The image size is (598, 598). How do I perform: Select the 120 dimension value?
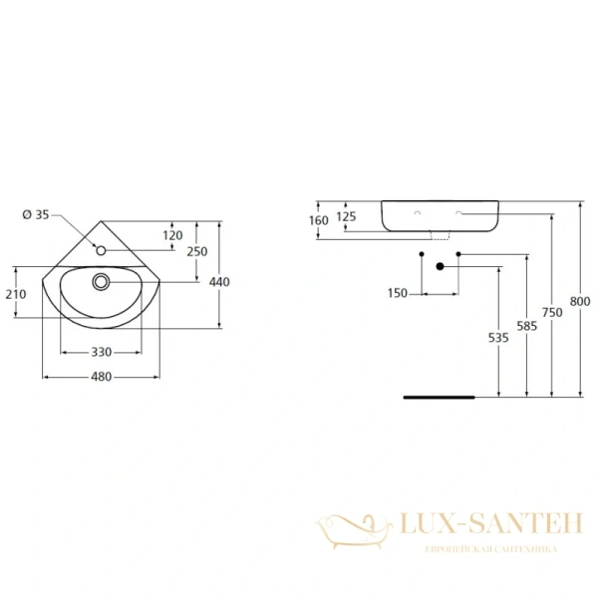[172, 235]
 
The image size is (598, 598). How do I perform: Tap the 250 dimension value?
[196, 251]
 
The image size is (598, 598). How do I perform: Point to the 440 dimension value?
[220, 282]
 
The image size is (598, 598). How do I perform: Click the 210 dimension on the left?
[15, 293]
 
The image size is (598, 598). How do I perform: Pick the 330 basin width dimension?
[101, 353]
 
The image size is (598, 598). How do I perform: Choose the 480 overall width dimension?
[101, 377]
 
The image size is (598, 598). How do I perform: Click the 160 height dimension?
[319, 219]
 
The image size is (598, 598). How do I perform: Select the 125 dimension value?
[346, 216]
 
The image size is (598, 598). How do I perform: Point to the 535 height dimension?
[499, 338]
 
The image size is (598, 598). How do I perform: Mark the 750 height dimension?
[553, 312]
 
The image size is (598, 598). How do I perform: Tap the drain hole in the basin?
[101, 282]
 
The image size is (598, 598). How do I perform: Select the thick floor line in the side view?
[439, 396]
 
